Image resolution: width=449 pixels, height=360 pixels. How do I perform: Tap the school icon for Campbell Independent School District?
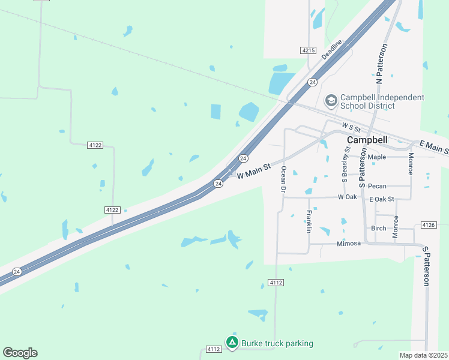tap(331, 101)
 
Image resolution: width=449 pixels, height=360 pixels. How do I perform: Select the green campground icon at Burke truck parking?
tap(232, 342)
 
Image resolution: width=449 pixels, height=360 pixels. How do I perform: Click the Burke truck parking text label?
tap(277, 343)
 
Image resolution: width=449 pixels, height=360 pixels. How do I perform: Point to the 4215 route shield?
tap(309, 50)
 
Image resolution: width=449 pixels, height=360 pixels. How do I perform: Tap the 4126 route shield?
tap(428, 225)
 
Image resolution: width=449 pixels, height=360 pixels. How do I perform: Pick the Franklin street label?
tap(309, 221)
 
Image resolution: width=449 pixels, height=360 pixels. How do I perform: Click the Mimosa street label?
tap(348, 244)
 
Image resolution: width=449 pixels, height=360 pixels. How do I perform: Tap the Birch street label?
tap(378, 228)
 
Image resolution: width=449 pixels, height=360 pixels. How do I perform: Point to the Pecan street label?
tap(377, 186)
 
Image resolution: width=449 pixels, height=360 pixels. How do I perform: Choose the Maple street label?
tap(377, 157)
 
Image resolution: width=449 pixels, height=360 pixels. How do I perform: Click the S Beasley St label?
tap(346, 163)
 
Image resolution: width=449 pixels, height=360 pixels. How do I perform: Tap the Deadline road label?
tap(331, 49)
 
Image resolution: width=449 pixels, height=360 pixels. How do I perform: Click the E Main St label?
tap(433, 146)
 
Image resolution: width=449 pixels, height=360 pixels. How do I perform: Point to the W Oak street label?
tap(347, 197)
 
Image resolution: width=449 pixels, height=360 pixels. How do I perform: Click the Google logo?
tap(20, 353)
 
